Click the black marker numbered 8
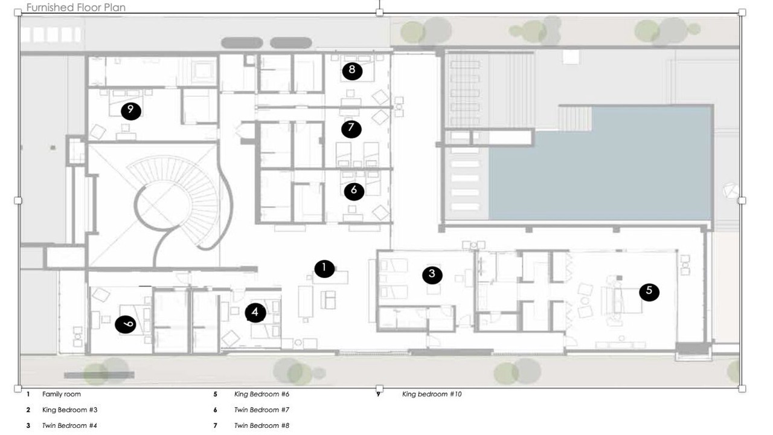tap(352, 71)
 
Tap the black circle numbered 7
tap(351, 129)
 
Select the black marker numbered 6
tap(354, 191)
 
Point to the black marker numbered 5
tap(649, 292)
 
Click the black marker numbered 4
tap(255, 313)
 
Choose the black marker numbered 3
tap(432, 275)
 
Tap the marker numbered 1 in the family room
tap(324, 269)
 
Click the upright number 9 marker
tap(131, 111)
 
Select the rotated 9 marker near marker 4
tap(125, 324)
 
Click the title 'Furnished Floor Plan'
tap(76, 7)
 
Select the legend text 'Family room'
tap(62, 394)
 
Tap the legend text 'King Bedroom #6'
tap(261, 394)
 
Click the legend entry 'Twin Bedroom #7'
tap(261, 410)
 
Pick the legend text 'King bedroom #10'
tap(432, 394)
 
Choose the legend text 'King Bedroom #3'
tap(69, 410)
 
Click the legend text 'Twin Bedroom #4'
tap(69, 425)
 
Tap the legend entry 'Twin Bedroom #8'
tap(261, 425)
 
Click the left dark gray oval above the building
tap(242, 43)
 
